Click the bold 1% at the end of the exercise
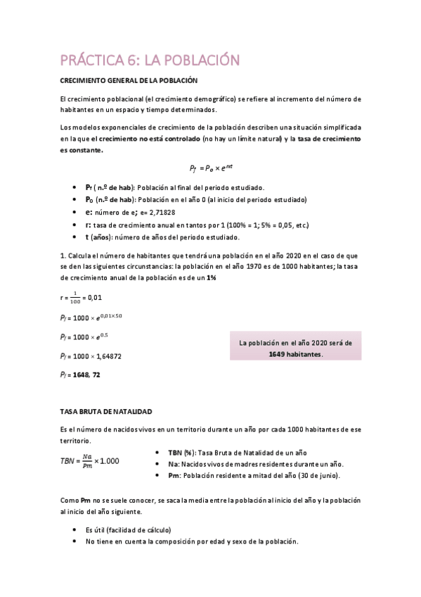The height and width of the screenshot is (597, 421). tap(212, 278)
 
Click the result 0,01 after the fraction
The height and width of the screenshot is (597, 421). tap(93, 297)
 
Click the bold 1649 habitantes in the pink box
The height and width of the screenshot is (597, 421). tap(295, 354)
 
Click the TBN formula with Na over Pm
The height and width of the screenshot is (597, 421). tap(91, 460)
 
